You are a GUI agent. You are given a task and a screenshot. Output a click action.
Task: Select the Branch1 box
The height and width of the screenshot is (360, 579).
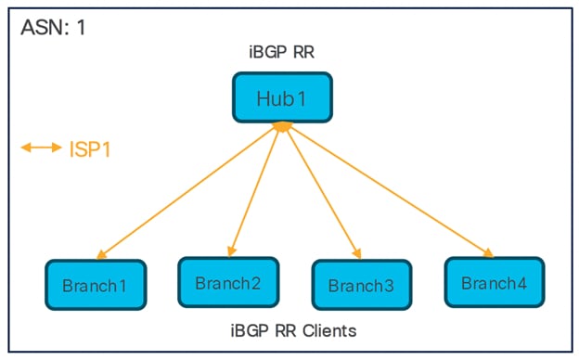click(95, 285)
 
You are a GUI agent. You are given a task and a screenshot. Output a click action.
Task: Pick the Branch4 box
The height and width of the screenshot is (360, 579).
click(494, 282)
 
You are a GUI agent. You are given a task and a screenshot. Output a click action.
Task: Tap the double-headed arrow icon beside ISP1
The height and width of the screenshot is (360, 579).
click(42, 148)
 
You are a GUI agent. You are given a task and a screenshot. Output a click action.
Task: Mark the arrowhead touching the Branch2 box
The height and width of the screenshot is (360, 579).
click(230, 251)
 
